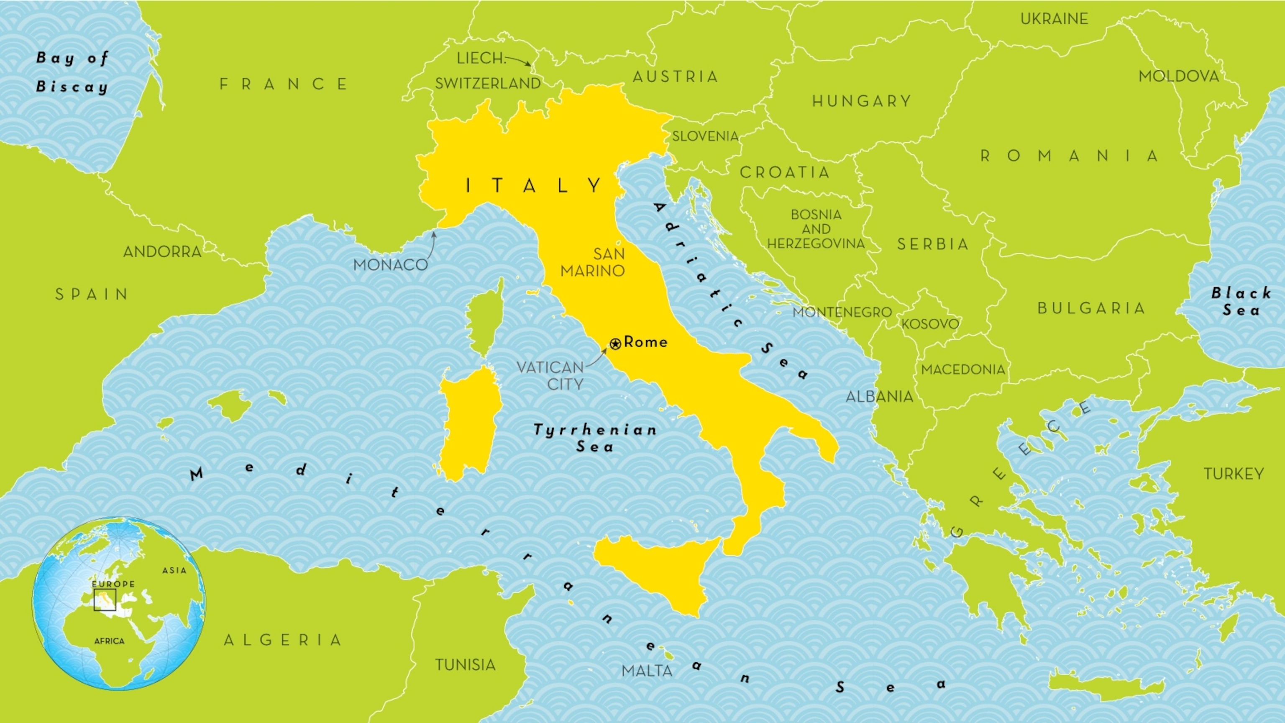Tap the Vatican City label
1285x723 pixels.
point(550,376)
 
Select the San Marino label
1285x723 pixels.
point(593,262)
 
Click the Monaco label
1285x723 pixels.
point(390,265)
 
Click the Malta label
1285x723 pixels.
point(647,671)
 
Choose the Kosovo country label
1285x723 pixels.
point(930,324)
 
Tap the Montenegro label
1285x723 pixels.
point(842,313)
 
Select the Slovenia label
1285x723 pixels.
point(705,136)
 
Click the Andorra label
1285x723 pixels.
point(162,252)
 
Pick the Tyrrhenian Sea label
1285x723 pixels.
point(595,438)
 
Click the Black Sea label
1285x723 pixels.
point(1241,301)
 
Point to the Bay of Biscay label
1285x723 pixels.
point(72,72)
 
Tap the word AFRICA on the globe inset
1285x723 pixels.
point(109,641)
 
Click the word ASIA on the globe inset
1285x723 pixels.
point(174,570)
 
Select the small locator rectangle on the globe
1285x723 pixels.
point(105,600)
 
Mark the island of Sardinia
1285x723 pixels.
point(469,424)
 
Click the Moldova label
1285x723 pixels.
point(1179,76)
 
